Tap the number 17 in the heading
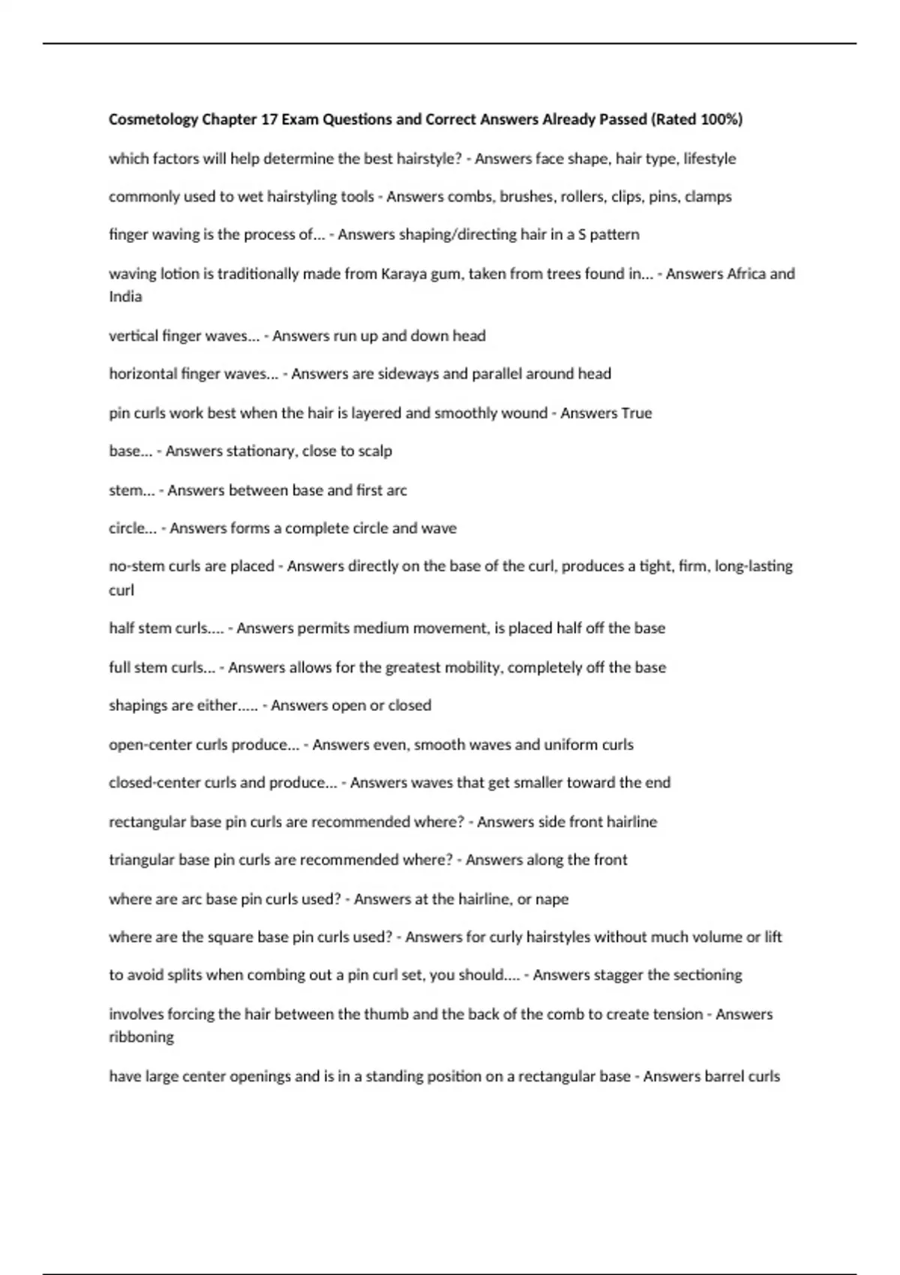pos(268,119)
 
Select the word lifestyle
pos(709,159)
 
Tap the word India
pos(125,296)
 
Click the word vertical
pos(133,336)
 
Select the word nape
pos(552,899)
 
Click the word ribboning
pos(141,1037)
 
